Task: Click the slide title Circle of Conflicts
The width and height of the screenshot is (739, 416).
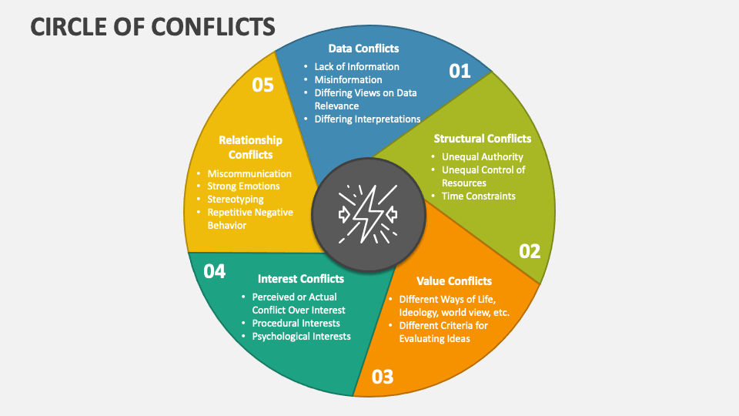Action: point(152,25)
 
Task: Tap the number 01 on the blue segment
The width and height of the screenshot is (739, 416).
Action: point(460,72)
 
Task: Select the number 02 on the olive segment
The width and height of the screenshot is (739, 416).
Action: point(530,251)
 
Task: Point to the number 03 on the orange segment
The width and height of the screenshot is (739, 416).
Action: point(383,377)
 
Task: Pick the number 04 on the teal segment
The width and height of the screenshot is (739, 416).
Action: point(214,271)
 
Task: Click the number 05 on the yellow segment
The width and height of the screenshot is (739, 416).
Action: point(262,85)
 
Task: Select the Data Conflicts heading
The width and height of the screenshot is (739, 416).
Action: point(363,49)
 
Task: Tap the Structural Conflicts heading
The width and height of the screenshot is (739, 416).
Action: point(482,139)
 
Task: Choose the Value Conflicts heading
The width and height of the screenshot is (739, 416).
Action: point(453,280)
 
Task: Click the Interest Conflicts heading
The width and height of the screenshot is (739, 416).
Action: point(301,278)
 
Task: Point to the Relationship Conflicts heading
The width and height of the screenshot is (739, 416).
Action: point(250,147)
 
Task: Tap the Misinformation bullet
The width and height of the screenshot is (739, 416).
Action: point(348,79)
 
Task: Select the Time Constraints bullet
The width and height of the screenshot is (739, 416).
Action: point(478,196)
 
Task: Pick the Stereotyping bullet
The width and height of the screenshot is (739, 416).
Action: point(236,199)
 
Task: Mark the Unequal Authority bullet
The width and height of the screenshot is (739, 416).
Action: point(482,156)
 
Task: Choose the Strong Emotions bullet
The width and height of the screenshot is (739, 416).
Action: point(243,186)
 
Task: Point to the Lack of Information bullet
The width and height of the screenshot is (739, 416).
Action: point(356,66)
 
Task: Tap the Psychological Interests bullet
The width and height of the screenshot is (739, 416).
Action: point(301,336)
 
